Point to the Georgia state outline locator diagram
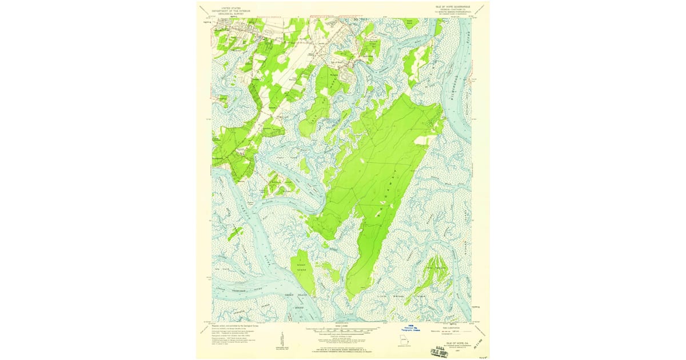point(405,342)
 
